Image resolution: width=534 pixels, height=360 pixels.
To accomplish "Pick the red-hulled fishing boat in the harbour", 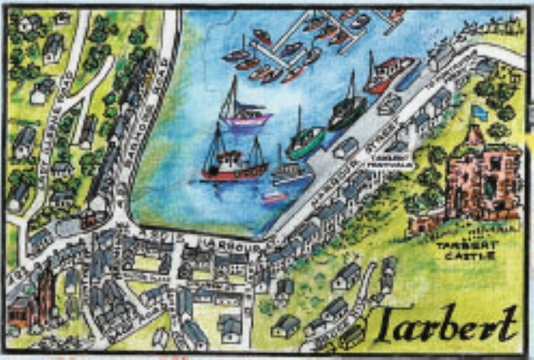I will tap(234, 167).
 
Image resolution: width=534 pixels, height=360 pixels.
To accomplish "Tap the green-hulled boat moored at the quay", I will tap(306, 144).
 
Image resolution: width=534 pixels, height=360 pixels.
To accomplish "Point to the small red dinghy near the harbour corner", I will tap(274, 197).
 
